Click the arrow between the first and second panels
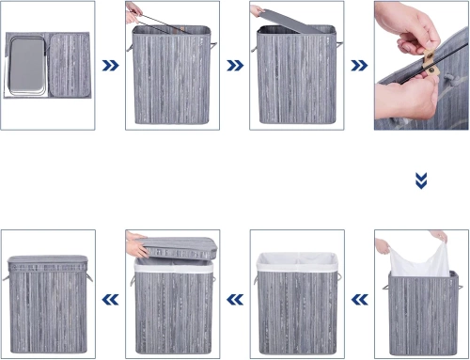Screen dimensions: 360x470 (110, 67)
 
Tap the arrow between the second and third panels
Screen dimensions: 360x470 (234, 67)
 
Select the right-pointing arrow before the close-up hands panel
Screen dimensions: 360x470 (358, 67)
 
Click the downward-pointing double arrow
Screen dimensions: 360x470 (421, 179)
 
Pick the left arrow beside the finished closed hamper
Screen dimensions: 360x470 (110, 299)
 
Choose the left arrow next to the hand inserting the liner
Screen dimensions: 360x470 (358, 299)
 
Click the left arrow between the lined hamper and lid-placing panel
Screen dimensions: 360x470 (234, 299)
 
